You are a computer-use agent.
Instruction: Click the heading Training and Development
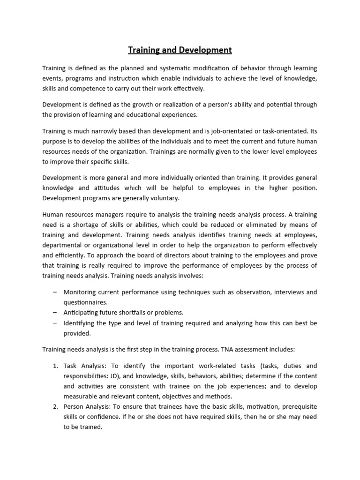(180, 50)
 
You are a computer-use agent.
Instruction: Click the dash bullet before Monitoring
(55, 292)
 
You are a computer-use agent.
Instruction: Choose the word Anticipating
(83, 313)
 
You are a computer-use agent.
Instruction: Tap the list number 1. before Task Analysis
(54, 366)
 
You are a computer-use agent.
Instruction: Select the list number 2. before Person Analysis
(54, 407)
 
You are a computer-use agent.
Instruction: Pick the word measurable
(83, 397)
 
